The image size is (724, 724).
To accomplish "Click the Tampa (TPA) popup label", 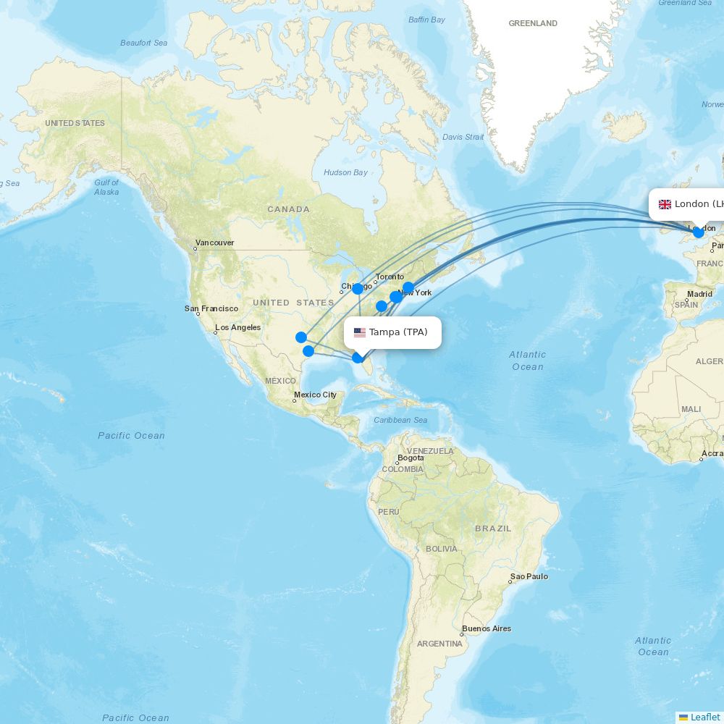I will [x=398, y=332].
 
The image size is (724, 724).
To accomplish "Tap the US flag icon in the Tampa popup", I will [x=360, y=333].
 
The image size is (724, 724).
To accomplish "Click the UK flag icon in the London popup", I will [x=665, y=204].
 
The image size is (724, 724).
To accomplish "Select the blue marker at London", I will [x=699, y=232].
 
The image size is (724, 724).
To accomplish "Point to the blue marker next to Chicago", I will [x=358, y=289].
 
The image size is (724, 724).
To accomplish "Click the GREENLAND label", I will [x=533, y=24].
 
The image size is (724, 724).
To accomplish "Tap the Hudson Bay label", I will [x=345, y=172].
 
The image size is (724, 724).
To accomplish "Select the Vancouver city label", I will [x=214, y=243].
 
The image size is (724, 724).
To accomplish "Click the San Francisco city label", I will [x=211, y=308].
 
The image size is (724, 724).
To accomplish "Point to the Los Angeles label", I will [x=237, y=328].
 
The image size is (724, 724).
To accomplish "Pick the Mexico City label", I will [x=315, y=395].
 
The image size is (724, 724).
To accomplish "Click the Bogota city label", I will [x=411, y=458].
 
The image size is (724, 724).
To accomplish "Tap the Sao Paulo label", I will [x=529, y=577].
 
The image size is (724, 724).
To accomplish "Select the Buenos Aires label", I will [x=487, y=628].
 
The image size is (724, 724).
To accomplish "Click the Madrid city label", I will [x=699, y=294].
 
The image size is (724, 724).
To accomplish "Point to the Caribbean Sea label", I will [x=400, y=420].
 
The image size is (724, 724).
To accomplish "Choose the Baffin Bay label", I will [x=426, y=20].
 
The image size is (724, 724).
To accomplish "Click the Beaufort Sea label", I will [x=143, y=43].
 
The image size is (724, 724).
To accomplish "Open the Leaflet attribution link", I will [x=705, y=717].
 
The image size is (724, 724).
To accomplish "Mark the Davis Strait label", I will [x=463, y=137].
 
